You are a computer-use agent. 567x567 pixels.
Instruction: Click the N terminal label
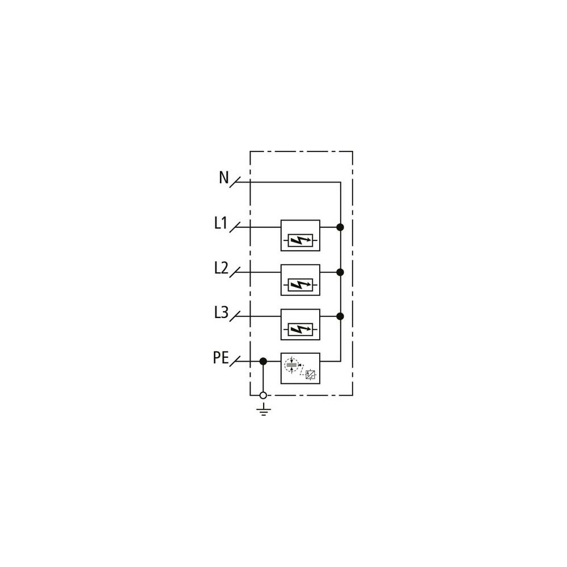point(224,177)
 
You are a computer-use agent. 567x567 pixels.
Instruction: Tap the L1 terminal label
point(221,223)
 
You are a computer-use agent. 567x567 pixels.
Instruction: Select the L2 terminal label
point(221,268)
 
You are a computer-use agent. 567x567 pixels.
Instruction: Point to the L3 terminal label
point(221,312)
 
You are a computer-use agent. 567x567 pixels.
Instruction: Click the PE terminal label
point(221,358)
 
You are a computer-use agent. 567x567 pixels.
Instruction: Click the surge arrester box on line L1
point(300,235)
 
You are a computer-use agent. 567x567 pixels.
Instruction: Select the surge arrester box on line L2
point(300,280)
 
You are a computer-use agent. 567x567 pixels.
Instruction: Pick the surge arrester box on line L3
point(300,324)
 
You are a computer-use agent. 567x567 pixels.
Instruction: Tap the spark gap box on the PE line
point(300,369)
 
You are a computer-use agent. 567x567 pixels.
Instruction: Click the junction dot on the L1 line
point(340,227)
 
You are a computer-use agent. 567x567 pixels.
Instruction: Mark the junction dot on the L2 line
point(340,272)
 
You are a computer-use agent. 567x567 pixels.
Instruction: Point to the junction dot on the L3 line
point(340,316)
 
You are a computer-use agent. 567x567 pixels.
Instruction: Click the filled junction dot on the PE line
point(263,361)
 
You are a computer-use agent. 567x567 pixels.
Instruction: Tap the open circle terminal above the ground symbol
point(263,395)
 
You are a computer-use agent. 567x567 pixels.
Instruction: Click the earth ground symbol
point(264,411)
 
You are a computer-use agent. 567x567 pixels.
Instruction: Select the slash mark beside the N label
point(235,182)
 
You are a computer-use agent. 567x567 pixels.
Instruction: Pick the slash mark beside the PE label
point(235,361)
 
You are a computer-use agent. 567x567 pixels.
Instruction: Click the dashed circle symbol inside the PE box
point(291,365)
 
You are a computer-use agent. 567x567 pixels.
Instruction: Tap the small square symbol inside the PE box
point(310,375)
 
